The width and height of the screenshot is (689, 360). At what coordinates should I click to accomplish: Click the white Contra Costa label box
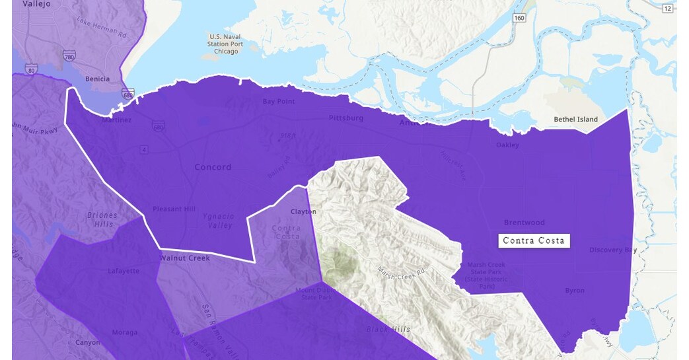coord(534,240)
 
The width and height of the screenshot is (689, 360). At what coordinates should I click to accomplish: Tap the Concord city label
coord(213,167)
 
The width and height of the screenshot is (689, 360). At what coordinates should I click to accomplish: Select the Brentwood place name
coord(525,223)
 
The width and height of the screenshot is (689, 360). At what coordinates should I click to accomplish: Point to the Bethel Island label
coord(575,120)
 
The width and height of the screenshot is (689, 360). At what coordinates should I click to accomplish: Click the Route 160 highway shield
coord(520,18)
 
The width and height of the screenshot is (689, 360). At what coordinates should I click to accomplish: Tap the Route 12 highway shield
coord(667,8)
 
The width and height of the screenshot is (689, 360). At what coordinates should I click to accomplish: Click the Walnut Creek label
coord(184,258)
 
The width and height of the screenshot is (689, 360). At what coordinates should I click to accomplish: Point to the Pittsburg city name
coord(346,118)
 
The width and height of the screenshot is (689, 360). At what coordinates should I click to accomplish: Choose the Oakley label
coord(507,145)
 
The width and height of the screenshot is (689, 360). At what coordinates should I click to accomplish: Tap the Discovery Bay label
coord(613,250)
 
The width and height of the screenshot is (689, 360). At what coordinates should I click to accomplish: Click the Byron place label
coord(575,291)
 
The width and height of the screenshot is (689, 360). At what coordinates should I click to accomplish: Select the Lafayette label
coord(124,271)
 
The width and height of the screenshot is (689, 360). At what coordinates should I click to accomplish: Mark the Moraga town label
coord(125,332)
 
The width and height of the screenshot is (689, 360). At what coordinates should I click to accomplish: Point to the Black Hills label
coord(388,329)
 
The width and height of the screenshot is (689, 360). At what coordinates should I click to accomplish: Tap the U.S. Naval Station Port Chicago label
coord(226,44)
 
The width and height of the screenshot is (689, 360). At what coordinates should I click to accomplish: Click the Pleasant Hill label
coord(174,209)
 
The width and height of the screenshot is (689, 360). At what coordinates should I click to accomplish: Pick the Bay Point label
coord(279,102)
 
